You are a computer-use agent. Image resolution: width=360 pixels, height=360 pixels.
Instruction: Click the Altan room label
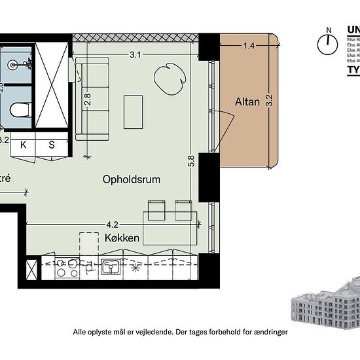pos(248,101)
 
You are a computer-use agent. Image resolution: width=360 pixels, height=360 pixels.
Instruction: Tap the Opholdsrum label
pos(131,179)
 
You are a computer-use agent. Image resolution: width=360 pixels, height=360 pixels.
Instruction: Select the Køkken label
pos(122,238)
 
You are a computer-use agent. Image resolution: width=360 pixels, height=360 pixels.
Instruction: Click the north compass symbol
pos(325,43)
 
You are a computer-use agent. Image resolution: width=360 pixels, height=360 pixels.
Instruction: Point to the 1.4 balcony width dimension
pos(249,46)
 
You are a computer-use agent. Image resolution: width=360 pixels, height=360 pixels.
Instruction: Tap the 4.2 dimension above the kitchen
pos(112,224)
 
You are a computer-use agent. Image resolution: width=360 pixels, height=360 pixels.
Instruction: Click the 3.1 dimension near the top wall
pos(135,55)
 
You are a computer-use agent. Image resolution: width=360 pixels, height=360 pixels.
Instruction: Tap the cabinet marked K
pos(24,145)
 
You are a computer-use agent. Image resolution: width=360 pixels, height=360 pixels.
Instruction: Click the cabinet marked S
pos(52,145)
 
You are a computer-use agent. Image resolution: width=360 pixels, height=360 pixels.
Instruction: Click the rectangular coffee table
pos(133,112)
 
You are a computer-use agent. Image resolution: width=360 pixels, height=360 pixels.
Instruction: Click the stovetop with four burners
pos(67,268)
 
